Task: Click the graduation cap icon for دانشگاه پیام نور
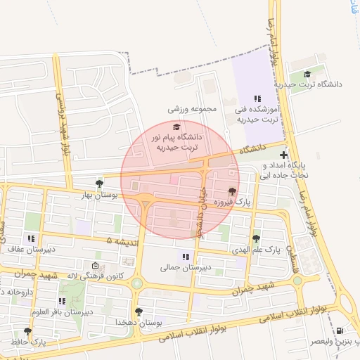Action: pos(176,127)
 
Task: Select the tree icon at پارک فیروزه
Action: pos(232,191)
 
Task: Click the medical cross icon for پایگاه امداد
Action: pos(283,155)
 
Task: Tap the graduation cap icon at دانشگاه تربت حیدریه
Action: pos(307,74)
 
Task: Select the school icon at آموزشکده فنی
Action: pos(257,99)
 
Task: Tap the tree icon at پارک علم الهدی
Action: pos(256,239)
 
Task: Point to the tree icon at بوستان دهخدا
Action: pos(139,311)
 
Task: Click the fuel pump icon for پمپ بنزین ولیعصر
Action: pos(341,330)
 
